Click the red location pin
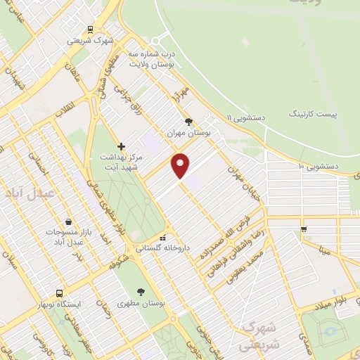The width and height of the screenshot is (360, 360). point(181,165)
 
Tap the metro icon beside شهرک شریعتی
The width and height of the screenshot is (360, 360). point(90,30)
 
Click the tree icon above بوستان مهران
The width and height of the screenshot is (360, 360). point(188,121)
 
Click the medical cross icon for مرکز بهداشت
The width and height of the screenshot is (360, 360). point(121,147)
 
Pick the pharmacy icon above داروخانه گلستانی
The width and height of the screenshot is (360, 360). point(162,237)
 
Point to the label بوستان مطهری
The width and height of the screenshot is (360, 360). point(141,302)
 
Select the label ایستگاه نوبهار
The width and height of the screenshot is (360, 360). point(59,304)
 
